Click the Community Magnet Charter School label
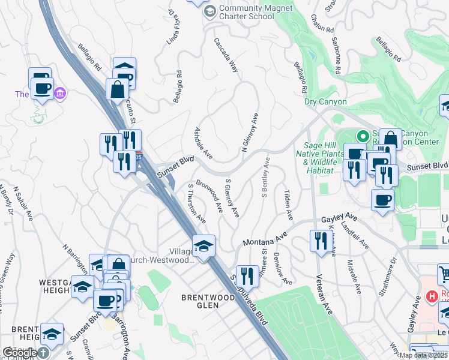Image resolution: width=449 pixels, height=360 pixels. tap(255, 12)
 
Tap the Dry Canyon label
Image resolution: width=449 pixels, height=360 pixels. tap(325, 101)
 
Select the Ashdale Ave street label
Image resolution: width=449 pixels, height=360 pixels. tap(203, 143)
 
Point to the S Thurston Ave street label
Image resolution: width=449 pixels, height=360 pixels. tap(199, 202)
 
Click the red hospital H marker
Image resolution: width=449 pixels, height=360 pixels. tap(430, 296)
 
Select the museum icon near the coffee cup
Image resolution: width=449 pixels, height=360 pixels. tap(60, 94)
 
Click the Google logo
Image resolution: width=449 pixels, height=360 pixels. tap(19, 353)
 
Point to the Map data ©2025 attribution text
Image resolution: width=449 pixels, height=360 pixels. tap(423, 355)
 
